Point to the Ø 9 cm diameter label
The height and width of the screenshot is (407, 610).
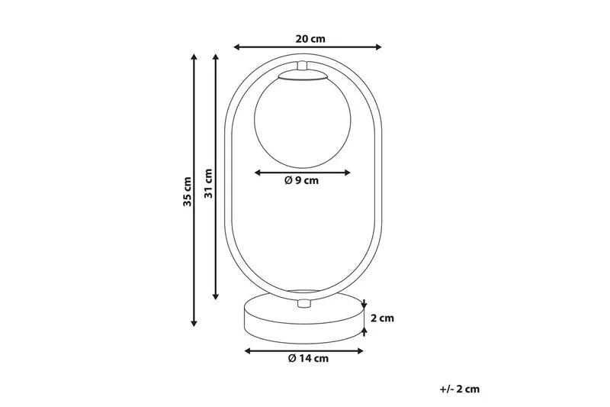click(x=300, y=181)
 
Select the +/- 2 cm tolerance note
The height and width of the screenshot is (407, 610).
click(x=460, y=389)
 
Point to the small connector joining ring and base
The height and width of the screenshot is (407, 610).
click(x=303, y=304)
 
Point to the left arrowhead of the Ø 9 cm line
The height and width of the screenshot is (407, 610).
click(x=256, y=171)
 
